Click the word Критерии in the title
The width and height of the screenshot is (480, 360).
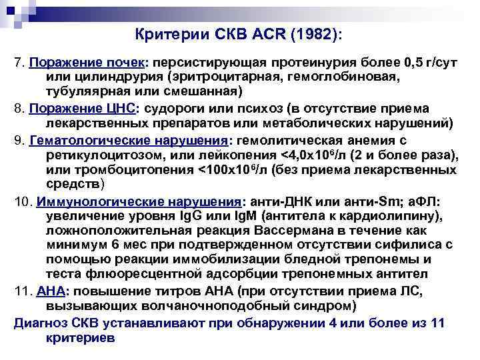[x=167, y=33]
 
